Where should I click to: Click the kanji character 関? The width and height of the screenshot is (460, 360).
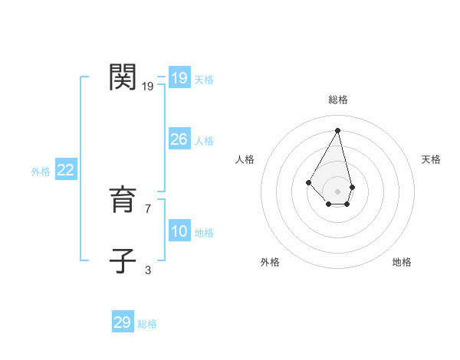click(123, 78)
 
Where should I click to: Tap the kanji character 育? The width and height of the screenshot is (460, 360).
click(123, 201)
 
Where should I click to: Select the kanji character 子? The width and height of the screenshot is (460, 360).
click(123, 260)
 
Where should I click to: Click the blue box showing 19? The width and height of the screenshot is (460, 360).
click(179, 78)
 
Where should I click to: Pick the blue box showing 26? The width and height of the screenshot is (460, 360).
click(179, 139)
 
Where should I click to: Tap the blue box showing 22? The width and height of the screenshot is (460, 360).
click(65, 170)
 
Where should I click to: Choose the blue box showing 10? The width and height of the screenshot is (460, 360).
click(179, 231)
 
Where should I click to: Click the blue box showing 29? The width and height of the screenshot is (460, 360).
click(122, 322)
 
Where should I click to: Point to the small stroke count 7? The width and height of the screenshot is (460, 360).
click(148, 208)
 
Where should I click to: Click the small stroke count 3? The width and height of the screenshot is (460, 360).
click(148, 270)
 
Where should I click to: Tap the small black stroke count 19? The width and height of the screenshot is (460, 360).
click(148, 87)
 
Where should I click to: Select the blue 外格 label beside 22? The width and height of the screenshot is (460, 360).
click(41, 172)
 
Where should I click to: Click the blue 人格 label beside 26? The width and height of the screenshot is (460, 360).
click(204, 141)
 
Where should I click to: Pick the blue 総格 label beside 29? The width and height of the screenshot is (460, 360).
click(147, 324)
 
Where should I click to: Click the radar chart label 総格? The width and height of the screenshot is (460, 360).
click(338, 100)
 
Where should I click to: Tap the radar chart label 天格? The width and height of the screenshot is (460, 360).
click(431, 159)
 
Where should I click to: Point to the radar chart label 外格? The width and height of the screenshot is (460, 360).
click(270, 262)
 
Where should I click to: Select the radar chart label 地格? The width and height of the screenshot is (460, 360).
click(402, 262)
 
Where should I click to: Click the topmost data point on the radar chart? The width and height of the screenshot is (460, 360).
click(338, 130)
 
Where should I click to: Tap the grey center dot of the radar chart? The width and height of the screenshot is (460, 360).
click(338, 191)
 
